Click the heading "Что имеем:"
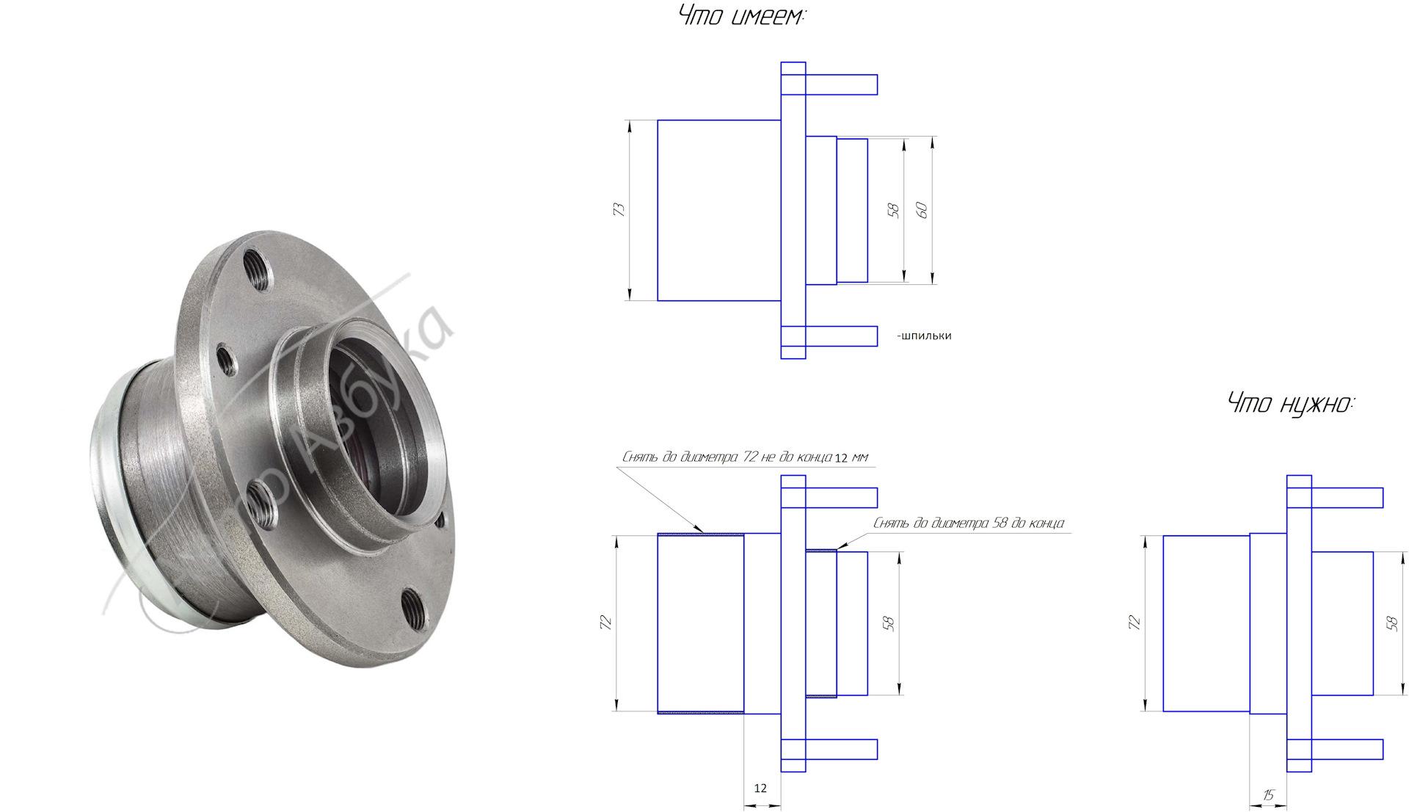[742, 16]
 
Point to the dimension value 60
[922, 209]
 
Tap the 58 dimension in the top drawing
[893, 210]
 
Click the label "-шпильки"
[924, 336]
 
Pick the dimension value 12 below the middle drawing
[760, 788]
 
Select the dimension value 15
[1269, 795]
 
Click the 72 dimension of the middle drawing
[605, 623]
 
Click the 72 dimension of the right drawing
[1134, 623]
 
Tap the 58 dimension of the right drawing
[1391, 623]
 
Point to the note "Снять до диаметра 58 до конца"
[968, 523]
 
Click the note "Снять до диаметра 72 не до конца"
[727, 457]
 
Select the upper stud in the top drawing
[841, 84]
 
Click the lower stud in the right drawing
[1347, 750]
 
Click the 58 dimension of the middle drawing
[889, 624]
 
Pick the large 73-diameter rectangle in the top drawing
[718, 210]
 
